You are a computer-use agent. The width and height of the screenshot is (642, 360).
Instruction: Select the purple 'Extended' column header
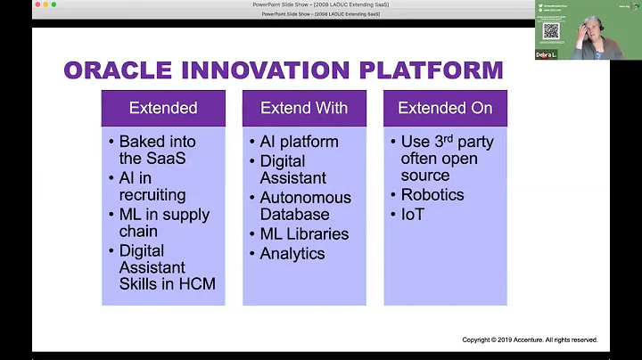click(163, 108)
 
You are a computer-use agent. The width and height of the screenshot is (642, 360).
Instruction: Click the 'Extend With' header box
click(304, 108)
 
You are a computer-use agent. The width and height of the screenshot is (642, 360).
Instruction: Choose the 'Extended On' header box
click(445, 108)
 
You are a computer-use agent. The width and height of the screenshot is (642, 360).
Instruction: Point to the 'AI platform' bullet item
click(299, 142)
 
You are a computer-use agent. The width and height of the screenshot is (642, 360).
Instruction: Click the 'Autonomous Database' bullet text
click(305, 206)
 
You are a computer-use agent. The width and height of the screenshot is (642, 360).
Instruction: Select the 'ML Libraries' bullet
click(304, 234)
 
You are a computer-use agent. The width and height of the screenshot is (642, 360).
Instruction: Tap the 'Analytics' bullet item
click(292, 254)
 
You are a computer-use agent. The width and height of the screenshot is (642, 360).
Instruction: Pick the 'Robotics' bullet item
click(432, 195)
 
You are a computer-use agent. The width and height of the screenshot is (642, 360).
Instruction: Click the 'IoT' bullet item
click(413, 215)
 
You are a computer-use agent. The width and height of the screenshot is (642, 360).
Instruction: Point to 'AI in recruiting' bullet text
click(152, 186)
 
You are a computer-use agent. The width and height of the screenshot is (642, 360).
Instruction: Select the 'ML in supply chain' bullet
click(164, 223)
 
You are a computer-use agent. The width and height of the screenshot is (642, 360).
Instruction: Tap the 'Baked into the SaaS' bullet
click(157, 150)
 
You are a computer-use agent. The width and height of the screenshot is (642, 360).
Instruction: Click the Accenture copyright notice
click(529, 340)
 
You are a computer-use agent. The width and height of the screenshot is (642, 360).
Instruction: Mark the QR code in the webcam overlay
click(550, 30)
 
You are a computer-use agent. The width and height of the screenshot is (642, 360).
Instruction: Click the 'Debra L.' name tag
click(546, 54)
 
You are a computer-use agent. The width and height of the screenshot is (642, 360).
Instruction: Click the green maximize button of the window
click(54, 4)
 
